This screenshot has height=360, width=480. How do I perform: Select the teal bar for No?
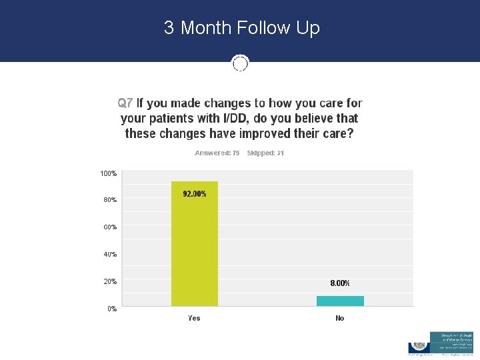[x=340, y=301]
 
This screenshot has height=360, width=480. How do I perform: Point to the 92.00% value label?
[x=195, y=194]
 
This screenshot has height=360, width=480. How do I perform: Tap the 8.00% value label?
[x=340, y=283]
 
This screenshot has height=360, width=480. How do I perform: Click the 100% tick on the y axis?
[x=108, y=173]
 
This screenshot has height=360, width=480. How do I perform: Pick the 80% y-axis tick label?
[x=109, y=199]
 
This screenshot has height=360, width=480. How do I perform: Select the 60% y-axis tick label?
[x=109, y=227]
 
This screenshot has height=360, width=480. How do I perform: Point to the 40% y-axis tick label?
[x=109, y=254]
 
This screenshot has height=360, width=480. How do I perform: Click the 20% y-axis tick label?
[x=109, y=281]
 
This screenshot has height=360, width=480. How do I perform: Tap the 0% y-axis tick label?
[x=111, y=309]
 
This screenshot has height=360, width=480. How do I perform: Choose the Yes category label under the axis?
[x=194, y=318]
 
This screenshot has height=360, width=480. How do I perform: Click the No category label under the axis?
[x=340, y=318]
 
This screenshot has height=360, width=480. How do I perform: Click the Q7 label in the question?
[x=125, y=103]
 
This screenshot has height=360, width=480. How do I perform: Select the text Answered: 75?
[x=217, y=153]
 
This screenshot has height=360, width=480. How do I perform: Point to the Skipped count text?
[x=265, y=153]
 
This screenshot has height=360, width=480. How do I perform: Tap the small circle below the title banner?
[x=240, y=63]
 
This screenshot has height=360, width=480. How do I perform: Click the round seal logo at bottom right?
[x=419, y=346]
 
